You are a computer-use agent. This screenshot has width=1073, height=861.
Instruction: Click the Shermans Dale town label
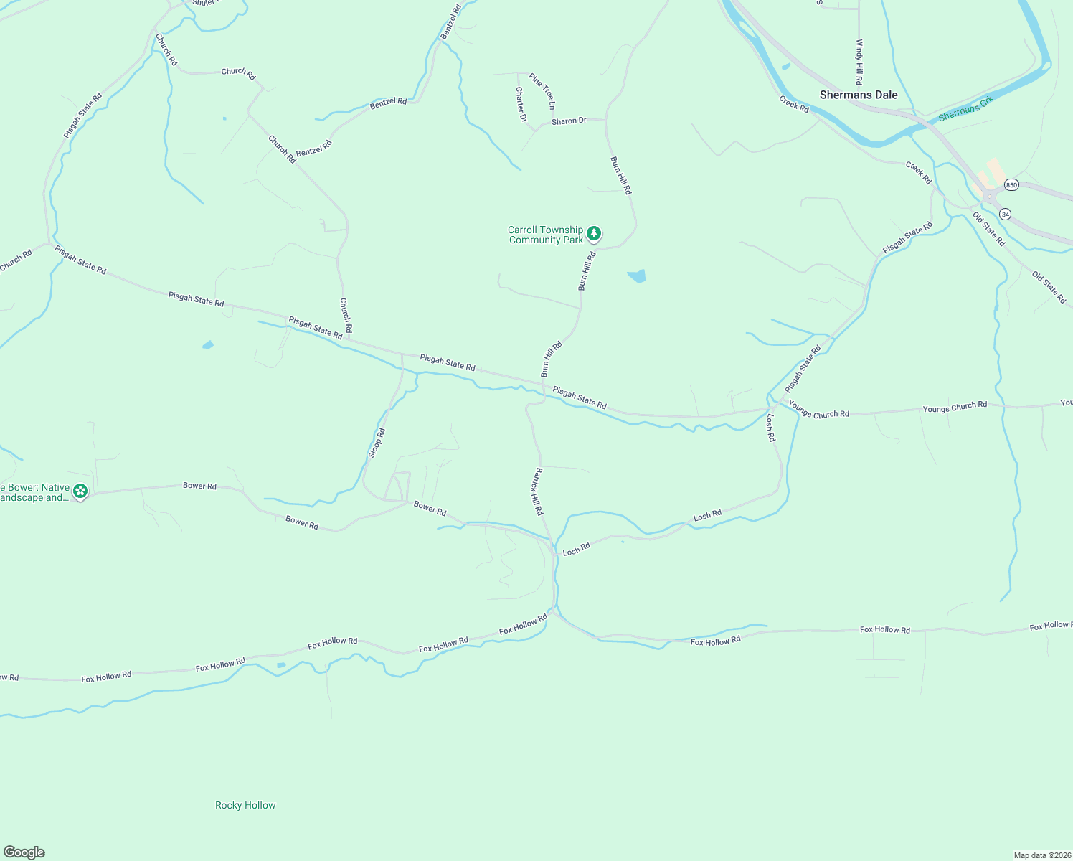859,95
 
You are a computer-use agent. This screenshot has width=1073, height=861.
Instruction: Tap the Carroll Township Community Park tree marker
594,233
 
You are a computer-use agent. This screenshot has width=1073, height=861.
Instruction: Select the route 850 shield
1011,184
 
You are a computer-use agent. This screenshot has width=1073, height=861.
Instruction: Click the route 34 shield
1006,214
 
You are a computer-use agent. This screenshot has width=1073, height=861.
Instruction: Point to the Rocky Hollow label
245,805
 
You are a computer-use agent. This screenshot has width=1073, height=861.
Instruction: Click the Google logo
24,852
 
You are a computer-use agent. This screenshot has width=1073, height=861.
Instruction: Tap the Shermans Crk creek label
965,108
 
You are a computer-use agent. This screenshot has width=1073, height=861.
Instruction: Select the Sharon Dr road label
569,121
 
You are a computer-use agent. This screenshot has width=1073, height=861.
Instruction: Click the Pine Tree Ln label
542,91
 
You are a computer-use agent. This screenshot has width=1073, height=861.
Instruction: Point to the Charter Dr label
521,105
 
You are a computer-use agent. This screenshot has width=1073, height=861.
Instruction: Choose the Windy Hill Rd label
859,62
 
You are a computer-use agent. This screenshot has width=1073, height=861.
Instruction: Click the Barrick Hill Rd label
538,491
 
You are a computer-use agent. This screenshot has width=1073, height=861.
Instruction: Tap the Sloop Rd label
377,443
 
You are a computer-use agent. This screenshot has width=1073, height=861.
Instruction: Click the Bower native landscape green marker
80,491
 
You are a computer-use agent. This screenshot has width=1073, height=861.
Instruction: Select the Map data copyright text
1042,855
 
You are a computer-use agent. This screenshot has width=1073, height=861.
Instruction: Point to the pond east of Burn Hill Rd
637,276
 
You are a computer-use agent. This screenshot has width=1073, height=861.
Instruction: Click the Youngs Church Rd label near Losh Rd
818,410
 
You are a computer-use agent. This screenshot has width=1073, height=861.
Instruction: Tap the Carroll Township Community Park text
546,235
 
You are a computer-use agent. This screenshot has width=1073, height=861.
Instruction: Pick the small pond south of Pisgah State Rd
208,345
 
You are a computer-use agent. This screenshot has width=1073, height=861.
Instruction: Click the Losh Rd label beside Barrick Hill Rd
576,549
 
